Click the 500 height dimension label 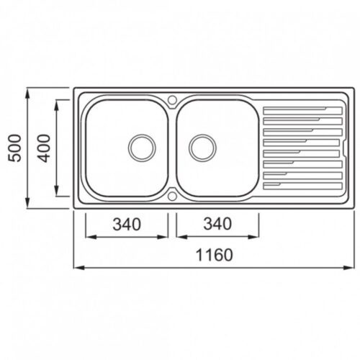(x=14, y=148)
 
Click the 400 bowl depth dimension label (x=44, y=148)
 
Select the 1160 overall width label (x=215, y=255)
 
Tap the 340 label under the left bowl (x=127, y=224)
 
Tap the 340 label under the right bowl (x=217, y=224)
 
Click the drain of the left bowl (x=142, y=148)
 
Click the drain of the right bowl (x=202, y=148)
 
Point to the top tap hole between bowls (x=172, y=99)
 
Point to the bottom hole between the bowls (x=172, y=196)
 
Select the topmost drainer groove (x=302, y=111)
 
